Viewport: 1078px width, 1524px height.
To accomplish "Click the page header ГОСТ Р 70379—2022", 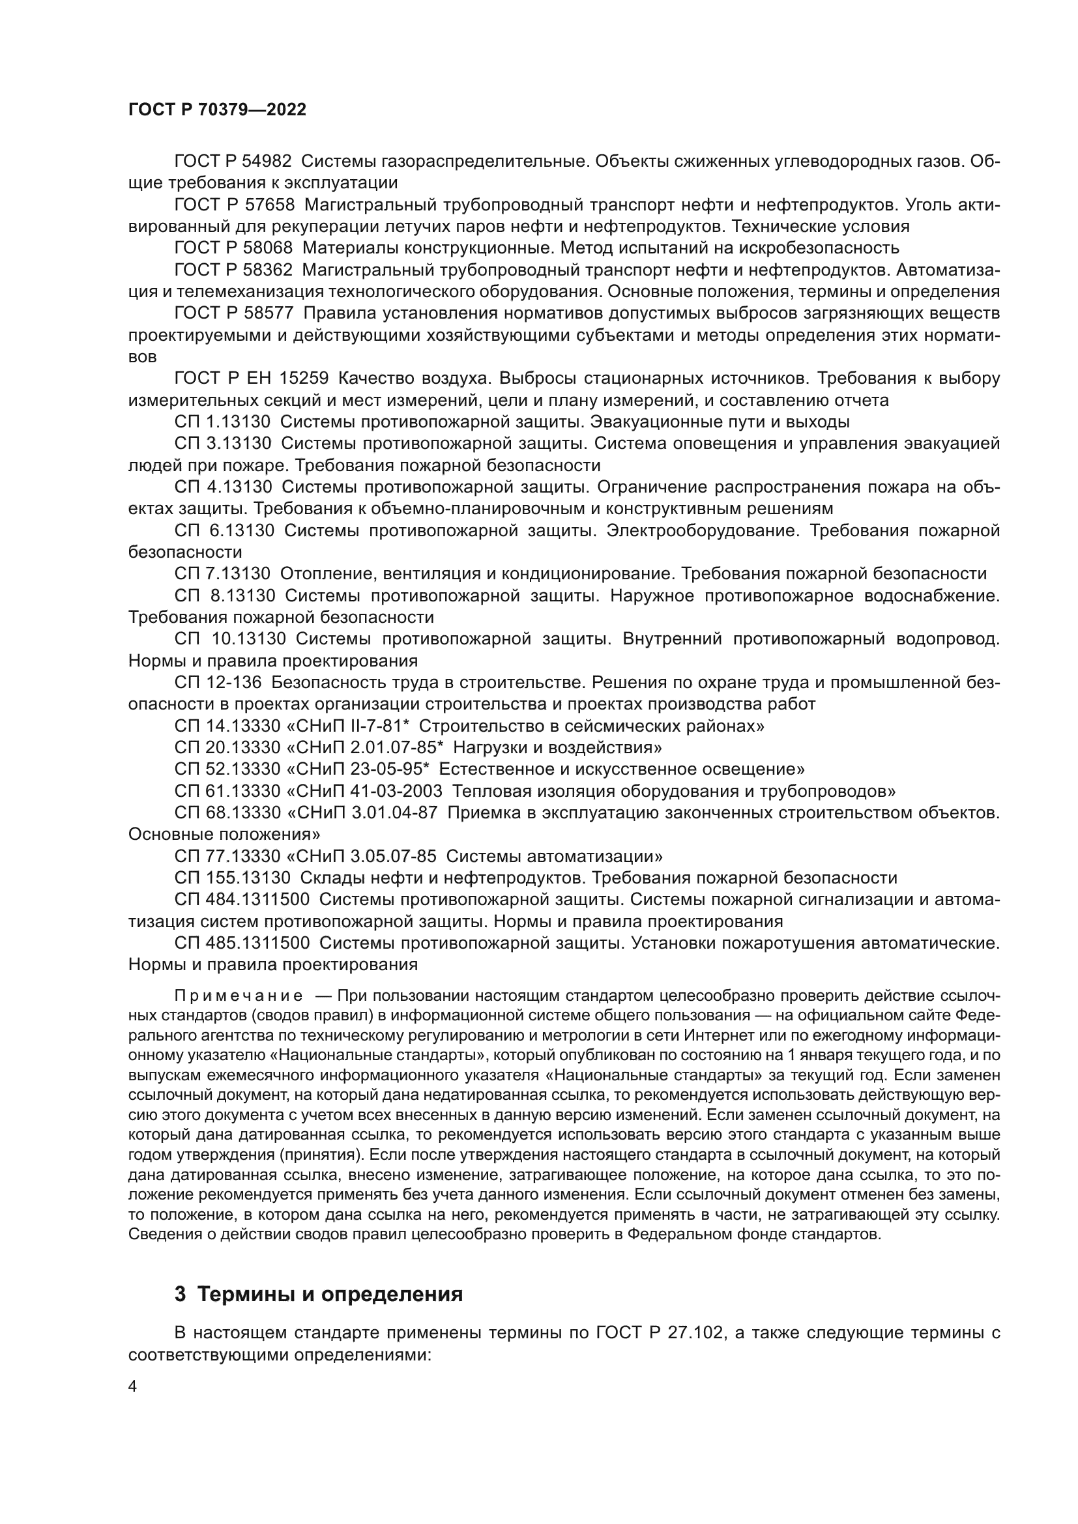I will point(217,110).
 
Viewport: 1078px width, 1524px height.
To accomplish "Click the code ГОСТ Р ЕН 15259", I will point(252,379).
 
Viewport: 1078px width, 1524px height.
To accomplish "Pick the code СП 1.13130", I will point(223,422).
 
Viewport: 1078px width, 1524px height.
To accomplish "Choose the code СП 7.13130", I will point(223,573).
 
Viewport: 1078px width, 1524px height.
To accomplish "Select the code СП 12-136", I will point(218,682).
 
